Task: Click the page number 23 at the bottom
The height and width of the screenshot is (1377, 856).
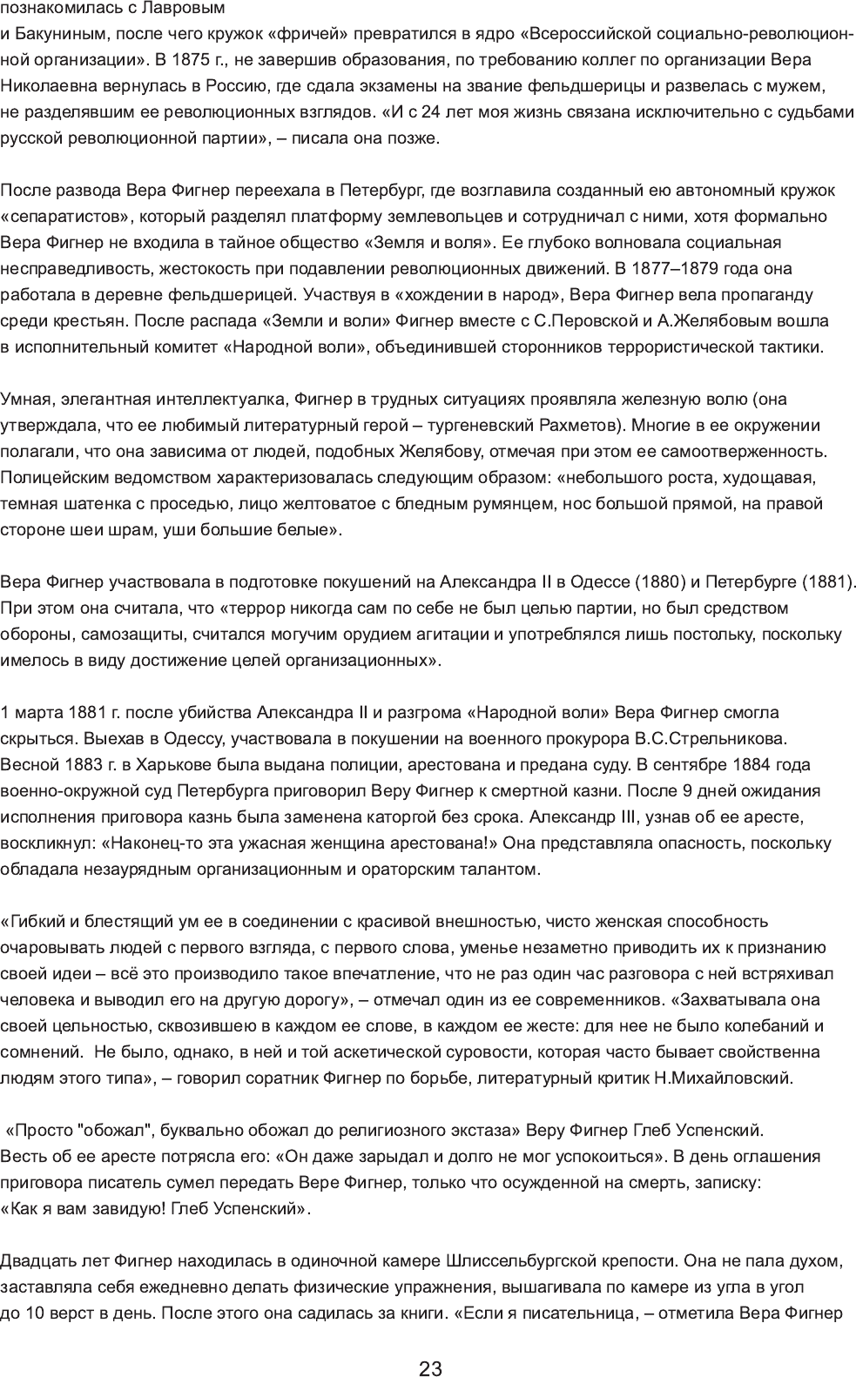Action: pos(430,1345)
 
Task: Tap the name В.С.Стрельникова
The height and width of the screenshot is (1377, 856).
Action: pos(712,739)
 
